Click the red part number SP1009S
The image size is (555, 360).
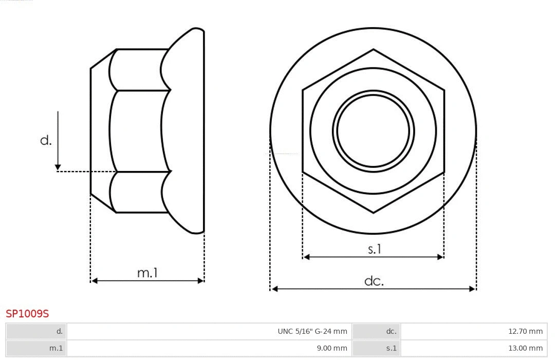pyautogui.click(x=27, y=314)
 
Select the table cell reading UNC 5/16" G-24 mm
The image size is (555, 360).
pyautogui.click(x=312, y=331)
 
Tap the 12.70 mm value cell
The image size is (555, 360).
pyautogui.click(x=525, y=331)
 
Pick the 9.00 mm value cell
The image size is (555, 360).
pyautogui.click(x=331, y=348)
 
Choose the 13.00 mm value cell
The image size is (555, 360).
pyautogui.click(x=525, y=348)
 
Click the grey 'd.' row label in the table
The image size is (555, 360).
pyautogui.click(x=59, y=331)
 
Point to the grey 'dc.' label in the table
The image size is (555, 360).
pyautogui.click(x=391, y=331)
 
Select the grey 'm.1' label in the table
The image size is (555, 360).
pyautogui.click(x=56, y=348)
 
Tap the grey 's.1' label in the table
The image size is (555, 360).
pyautogui.click(x=391, y=348)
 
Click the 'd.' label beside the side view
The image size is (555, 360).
pyautogui.click(x=46, y=140)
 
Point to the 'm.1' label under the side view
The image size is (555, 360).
pyautogui.click(x=147, y=273)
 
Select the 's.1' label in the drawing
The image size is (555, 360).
pyautogui.click(x=375, y=249)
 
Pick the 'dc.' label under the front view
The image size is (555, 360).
pyautogui.click(x=374, y=281)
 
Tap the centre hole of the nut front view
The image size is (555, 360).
pyautogui.click(x=374, y=130)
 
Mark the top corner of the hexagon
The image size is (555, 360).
pyautogui.click(x=374, y=50)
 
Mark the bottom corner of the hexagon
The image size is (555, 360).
pyautogui.click(x=374, y=212)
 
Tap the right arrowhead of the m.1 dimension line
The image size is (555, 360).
pyautogui.click(x=200, y=280)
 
